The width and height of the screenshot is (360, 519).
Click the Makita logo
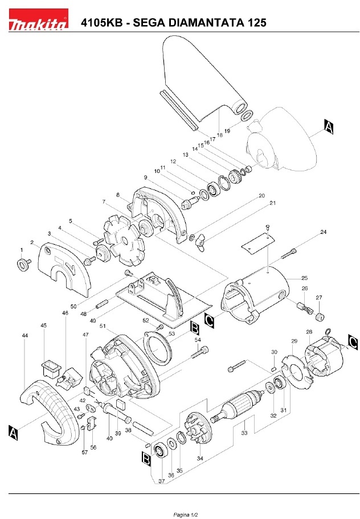click(x=38, y=20)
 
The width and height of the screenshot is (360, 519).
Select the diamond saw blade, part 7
click(x=124, y=240)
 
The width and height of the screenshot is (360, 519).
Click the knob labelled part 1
click(x=23, y=264)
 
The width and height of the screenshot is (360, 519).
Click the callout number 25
click(x=304, y=278)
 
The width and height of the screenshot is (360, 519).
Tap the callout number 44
click(x=25, y=336)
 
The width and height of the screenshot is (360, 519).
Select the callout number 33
click(x=244, y=432)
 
